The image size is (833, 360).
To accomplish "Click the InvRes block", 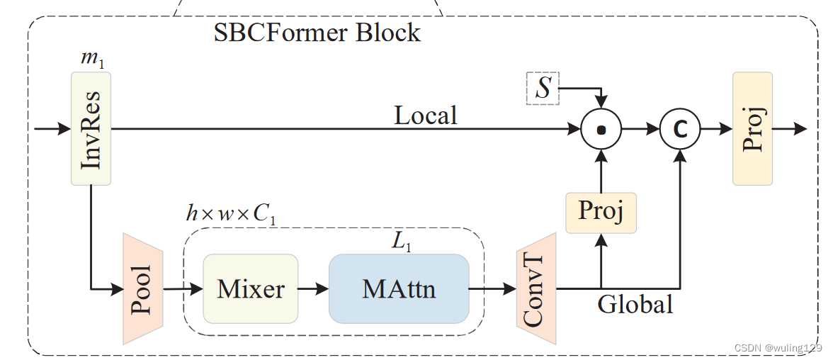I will pos(91,128).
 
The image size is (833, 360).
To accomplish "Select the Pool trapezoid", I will pos(143,288).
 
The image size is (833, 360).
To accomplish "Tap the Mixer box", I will pos(251,288).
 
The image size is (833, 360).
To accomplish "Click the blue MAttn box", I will pos(399,288).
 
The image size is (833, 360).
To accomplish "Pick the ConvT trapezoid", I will pos(536,289).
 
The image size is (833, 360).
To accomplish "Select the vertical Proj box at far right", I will pos(752,128).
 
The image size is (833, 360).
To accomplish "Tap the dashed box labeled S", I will pos(543,89).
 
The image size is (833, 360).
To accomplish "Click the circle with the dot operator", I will pos(601,129).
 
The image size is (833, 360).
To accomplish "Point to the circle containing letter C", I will pos(680,129).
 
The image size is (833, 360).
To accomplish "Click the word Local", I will pos(425,115).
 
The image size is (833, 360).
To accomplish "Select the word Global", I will pos(635,305).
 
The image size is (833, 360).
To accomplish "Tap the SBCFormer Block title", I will pos(317,32).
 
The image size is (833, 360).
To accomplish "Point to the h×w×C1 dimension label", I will pos(230,214).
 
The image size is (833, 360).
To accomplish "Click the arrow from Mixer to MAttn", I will pos(313,289).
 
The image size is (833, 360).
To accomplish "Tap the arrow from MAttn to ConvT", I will pos(492,289).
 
